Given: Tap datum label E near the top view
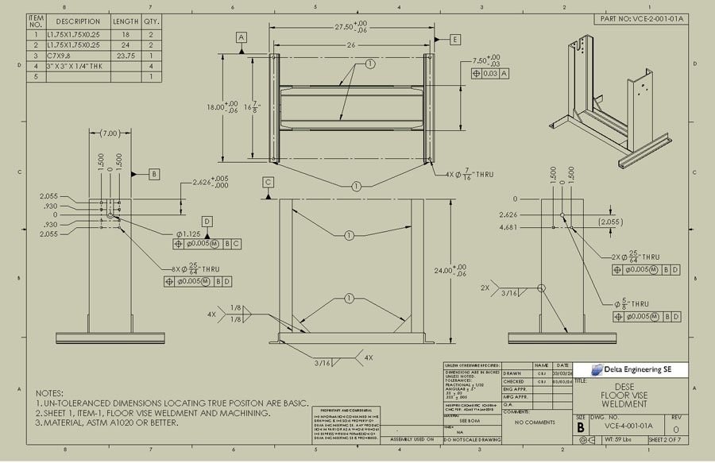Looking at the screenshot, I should (x=455, y=40).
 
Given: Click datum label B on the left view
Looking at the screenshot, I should (x=154, y=173).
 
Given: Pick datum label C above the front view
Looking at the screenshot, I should (x=269, y=183).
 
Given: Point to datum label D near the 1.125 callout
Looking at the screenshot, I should (x=207, y=221).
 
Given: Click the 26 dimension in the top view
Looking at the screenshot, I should (x=350, y=44).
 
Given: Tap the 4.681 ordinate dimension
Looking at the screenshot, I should (x=508, y=227).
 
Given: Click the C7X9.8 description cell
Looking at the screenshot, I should (x=58, y=56).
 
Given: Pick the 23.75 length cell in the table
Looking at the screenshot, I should (x=126, y=56).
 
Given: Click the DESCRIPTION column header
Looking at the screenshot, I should (x=78, y=21).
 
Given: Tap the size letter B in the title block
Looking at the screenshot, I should (x=580, y=426).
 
